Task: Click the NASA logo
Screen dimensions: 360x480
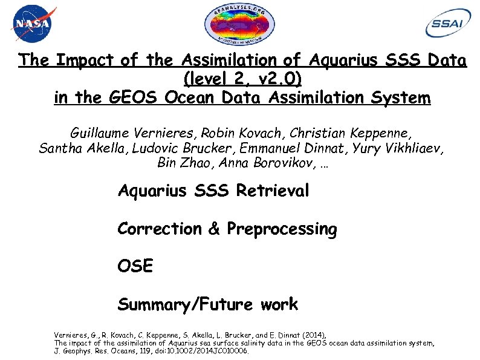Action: pyautogui.click(x=33, y=24)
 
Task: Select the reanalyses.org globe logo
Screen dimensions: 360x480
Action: pyautogui.click(x=240, y=26)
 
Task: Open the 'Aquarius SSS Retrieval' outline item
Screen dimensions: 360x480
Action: pyautogui.click(x=213, y=192)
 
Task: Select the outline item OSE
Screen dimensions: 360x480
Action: pyautogui.click(x=135, y=266)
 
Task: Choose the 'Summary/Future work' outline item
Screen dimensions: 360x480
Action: pyautogui.click(x=208, y=304)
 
